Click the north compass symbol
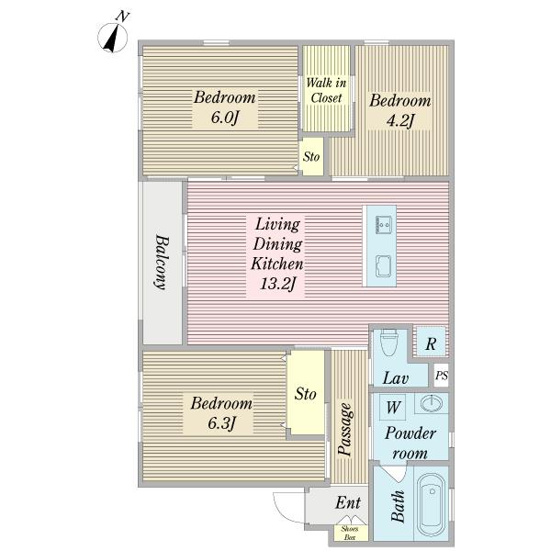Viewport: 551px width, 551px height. (112, 35)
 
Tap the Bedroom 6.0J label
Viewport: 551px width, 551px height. (225, 107)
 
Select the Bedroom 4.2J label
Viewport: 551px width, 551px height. (399, 111)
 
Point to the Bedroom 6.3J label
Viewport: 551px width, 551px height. (221, 413)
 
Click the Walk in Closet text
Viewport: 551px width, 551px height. (326, 90)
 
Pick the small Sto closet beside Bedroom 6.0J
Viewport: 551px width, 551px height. (312, 156)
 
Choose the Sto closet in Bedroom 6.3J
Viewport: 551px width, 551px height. (306, 393)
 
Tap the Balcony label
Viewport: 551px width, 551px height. (162, 262)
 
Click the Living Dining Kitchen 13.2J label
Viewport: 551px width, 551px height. (277, 253)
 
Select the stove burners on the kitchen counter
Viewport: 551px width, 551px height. (383, 225)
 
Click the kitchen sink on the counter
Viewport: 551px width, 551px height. (383, 266)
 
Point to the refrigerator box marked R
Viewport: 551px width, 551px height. (431, 342)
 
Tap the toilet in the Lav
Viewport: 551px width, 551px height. (389, 342)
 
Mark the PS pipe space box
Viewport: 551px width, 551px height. (442, 376)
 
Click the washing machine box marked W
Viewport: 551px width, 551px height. (393, 407)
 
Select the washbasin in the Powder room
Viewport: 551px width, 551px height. (432, 403)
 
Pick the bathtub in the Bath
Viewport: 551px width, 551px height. (432, 503)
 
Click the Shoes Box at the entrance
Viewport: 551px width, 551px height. (350, 533)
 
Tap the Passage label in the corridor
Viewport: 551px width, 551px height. (344, 430)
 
